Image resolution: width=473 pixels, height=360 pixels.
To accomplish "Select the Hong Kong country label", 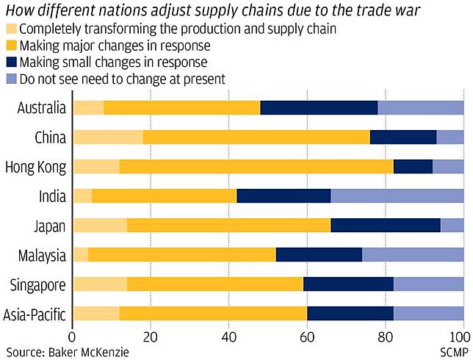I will pyautogui.click(x=35, y=167).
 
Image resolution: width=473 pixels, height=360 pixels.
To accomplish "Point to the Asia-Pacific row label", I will pyautogui.click(x=35, y=314).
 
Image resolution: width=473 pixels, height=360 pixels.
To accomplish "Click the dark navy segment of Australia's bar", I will pyautogui.click(x=319, y=108).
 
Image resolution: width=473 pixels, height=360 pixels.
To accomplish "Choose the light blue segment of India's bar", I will pyautogui.click(x=397, y=196).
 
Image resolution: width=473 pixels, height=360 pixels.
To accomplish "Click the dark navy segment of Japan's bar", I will pyautogui.click(x=386, y=226).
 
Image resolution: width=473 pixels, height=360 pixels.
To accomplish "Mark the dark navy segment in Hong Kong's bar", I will pyautogui.click(x=413, y=167).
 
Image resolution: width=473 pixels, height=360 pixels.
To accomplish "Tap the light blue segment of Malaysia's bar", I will pyautogui.click(x=413, y=255).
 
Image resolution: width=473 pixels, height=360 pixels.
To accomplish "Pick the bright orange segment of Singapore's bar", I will pyautogui.click(x=216, y=284).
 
